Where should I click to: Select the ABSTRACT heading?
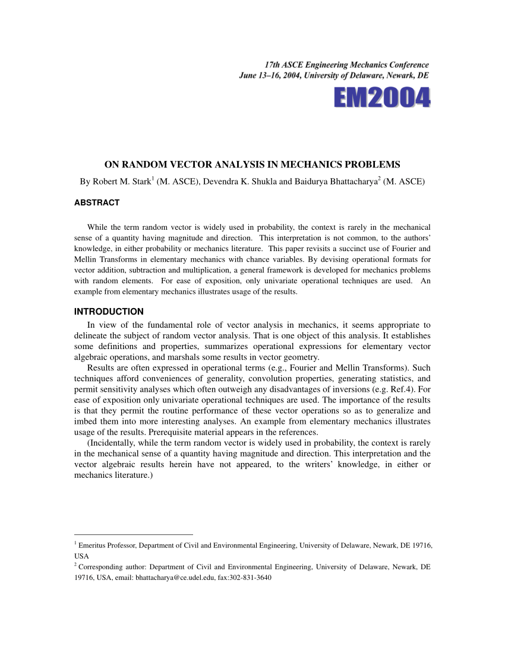pyautogui.click(x=96, y=203)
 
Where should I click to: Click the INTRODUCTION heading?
pyautogui.click(x=109, y=312)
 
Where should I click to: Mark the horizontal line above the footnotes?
pyautogui.click(x=134, y=534)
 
